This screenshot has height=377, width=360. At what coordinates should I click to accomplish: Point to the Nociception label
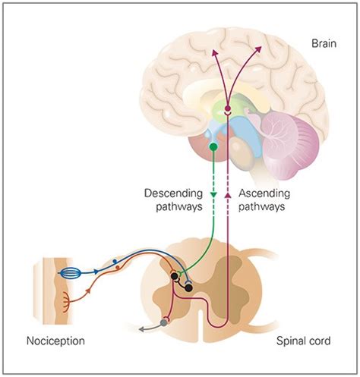click(x=55, y=341)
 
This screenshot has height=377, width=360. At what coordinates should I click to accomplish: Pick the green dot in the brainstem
click(x=214, y=146)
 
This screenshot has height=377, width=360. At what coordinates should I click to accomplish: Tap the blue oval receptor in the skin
click(x=69, y=269)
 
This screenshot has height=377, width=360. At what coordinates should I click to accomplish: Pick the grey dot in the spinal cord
click(x=163, y=322)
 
